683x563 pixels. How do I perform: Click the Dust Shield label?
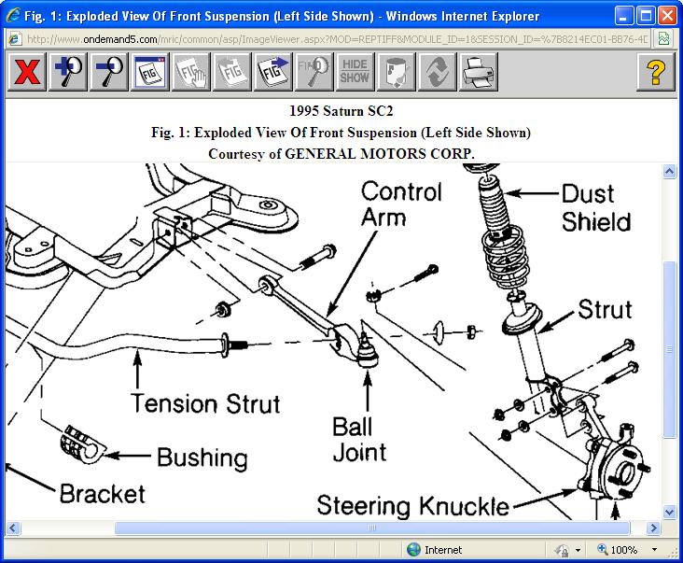coord(596,208)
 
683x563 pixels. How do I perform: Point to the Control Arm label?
coord(401,204)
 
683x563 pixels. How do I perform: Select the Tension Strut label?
coord(205,403)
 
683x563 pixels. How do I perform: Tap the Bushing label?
coord(202,457)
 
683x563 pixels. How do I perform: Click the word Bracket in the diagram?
coord(103,493)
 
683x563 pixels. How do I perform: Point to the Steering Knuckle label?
coord(413,506)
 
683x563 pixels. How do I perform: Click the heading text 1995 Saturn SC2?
coord(341,114)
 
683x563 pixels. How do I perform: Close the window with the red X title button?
coord(666,16)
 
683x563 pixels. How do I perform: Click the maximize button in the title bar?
coord(645,16)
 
